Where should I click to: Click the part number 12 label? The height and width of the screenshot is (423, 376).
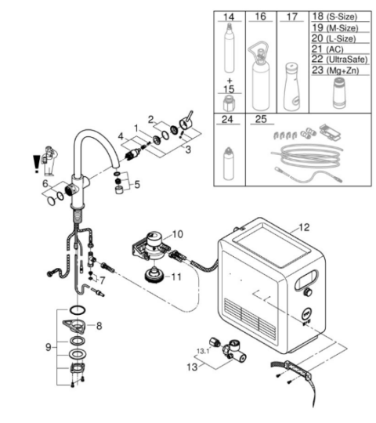pyautogui.click(x=304, y=227)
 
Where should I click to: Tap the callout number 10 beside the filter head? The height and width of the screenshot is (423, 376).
pyautogui.click(x=178, y=234)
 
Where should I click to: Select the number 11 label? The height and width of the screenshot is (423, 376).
pyautogui.click(x=176, y=277)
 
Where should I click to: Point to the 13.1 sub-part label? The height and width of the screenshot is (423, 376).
pyautogui.click(x=203, y=351)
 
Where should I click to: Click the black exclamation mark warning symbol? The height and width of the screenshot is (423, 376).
pyautogui.click(x=36, y=164)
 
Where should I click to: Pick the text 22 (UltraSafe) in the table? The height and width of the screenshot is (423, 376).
pyautogui.click(x=340, y=60)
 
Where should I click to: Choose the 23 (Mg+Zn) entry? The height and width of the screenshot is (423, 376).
pyautogui.click(x=335, y=70)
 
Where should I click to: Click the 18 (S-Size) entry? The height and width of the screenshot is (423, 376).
pyautogui.click(x=334, y=16)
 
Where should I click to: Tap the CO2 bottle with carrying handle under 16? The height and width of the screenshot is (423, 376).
pyautogui.click(x=260, y=77)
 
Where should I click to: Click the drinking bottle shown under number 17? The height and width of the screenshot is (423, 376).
pyautogui.click(x=291, y=87)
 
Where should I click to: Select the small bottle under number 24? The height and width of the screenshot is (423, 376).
pyautogui.click(x=228, y=164)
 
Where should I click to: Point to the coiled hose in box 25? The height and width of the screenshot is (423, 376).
pyautogui.click(x=308, y=156)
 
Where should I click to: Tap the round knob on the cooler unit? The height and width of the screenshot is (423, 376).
pyautogui.click(x=307, y=292)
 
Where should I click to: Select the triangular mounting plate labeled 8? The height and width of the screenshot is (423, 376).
pyautogui.click(x=74, y=326)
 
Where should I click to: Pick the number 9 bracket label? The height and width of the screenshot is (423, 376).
pyautogui.click(x=49, y=347)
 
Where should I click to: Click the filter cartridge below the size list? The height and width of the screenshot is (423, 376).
pyautogui.click(x=340, y=92)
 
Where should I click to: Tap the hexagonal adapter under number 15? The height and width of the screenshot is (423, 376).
pyautogui.click(x=229, y=103)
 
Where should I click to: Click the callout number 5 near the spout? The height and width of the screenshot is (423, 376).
pyautogui.click(x=137, y=185)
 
